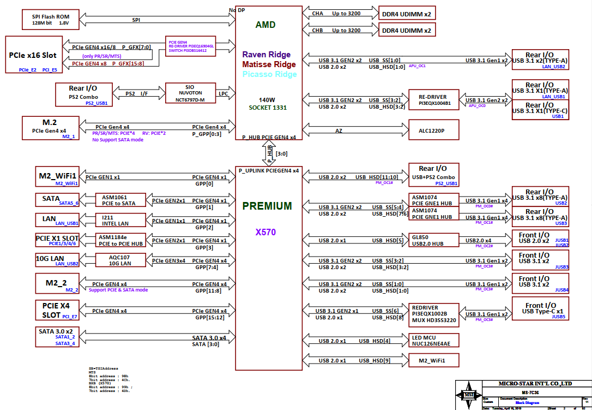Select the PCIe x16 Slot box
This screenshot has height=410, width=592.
tap(33, 55)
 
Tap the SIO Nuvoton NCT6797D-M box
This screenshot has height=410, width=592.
tap(187, 94)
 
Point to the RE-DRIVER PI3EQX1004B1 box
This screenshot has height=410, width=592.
tap(434, 100)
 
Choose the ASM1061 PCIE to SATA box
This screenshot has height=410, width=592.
tap(121, 200)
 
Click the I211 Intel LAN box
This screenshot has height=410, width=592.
tap(121, 220)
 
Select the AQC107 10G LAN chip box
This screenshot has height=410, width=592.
tap(121, 260)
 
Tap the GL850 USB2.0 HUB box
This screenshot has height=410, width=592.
tap(434, 241)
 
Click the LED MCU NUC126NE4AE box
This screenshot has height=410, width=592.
tap(434, 340)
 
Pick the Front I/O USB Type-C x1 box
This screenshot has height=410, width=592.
tap(540, 308)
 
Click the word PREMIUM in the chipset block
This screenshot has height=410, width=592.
tap(267, 206)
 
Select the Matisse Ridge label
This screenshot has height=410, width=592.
tap(269, 64)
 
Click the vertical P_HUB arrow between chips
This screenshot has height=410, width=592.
tap(269, 153)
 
